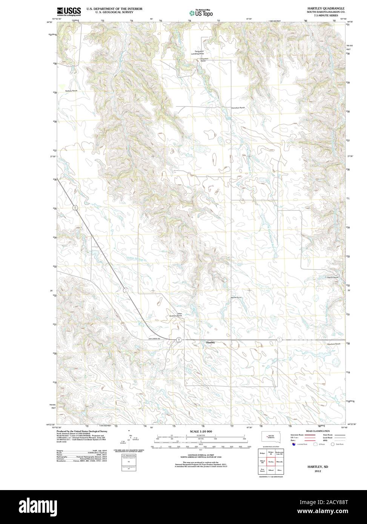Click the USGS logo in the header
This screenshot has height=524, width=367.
point(69,11)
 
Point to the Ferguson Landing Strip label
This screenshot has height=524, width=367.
point(200,52)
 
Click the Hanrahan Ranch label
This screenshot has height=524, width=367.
point(238,108)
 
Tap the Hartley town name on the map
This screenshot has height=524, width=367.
point(210,342)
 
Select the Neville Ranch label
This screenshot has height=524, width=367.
point(236,297)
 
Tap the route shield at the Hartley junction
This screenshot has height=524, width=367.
point(179,340)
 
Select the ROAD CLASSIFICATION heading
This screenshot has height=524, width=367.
point(318,431)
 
